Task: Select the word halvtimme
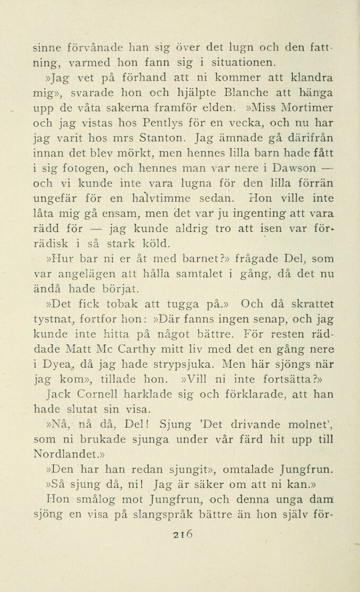[149, 200]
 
